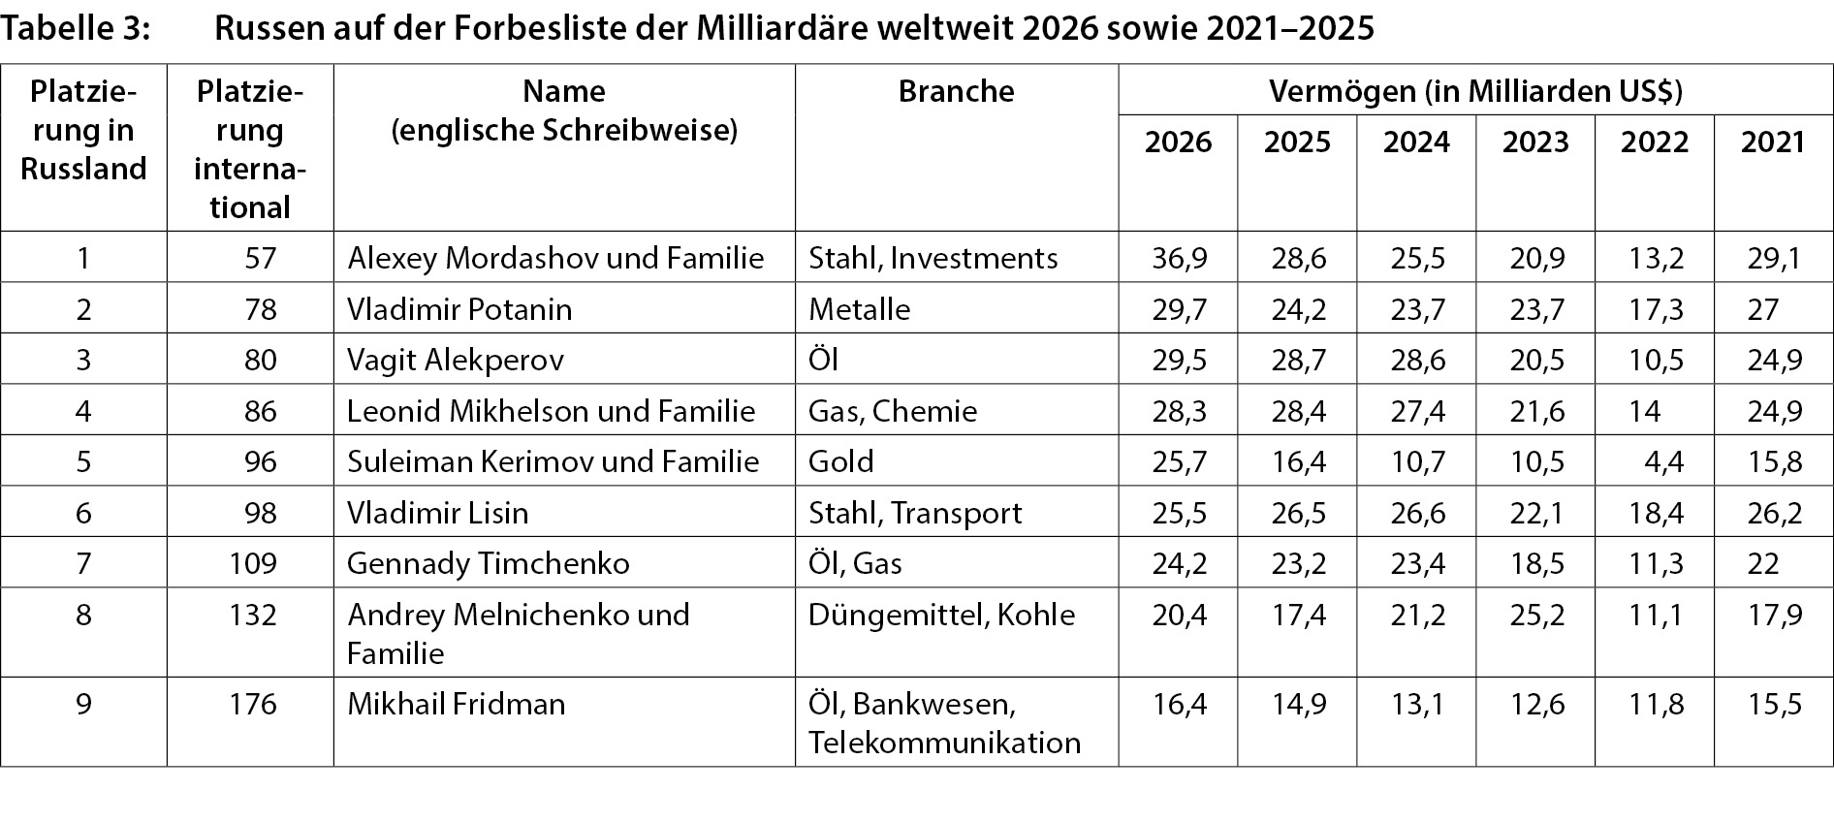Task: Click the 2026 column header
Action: click(x=1178, y=142)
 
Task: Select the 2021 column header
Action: click(x=1773, y=142)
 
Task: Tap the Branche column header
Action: click(x=956, y=91)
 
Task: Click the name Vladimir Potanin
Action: click(x=459, y=309)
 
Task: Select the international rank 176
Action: click(x=253, y=704)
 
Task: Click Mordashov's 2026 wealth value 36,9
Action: click(x=1179, y=258)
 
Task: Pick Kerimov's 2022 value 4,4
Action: click(x=1663, y=461)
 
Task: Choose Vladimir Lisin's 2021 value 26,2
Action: click(x=1775, y=513)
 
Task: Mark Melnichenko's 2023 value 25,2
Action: click(x=1536, y=615)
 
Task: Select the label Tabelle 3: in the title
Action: click(x=76, y=29)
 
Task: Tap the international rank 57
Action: click(x=261, y=258)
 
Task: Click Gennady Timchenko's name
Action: click(x=488, y=563)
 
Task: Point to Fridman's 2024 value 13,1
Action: click(x=1417, y=704)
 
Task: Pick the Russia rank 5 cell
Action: click(x=83, y=461)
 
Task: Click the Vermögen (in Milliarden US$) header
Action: click(x=1475, y=91)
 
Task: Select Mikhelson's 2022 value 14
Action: click(x=1644, y=411)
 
